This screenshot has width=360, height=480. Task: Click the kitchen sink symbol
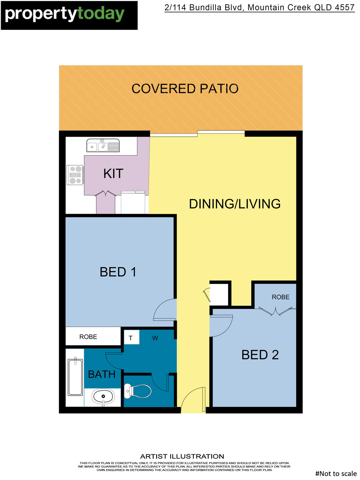click(x=103, y=146)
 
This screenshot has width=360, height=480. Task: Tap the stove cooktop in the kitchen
click(x=75, y=175)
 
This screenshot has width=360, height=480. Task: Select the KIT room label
click(x=113, y=174)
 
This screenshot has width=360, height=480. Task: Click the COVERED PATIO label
click(x=185, y=89)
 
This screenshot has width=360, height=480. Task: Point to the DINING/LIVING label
click(x=235, y=204)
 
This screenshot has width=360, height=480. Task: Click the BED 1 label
click(x=118, y=272)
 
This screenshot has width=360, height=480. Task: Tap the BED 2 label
click(x=260, y=355)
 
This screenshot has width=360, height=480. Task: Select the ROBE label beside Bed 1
click(x=88, y=337)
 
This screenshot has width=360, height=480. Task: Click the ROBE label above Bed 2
click(x=281, y=297)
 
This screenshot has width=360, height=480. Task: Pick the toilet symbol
click(x=138, y=391)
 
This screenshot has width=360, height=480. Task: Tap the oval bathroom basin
click(x=103, y=397)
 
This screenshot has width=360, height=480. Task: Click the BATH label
click(x=102, y=375)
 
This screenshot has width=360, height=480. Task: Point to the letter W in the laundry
click(x=155, y=338)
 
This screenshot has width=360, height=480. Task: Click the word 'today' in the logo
click(x=101, y=14)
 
